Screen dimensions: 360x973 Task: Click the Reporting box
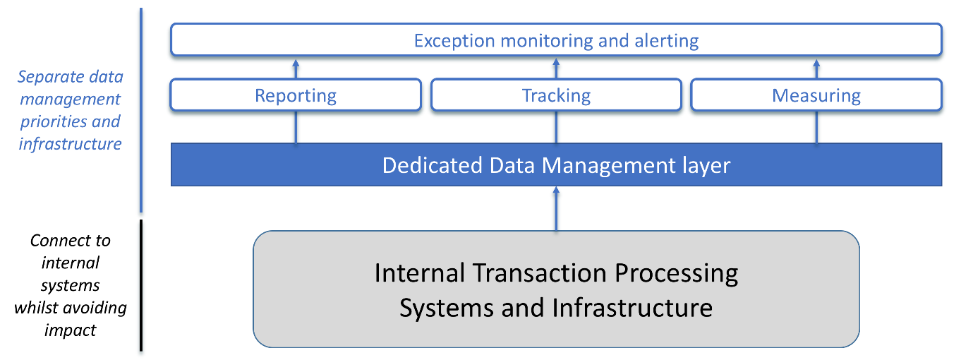click(x=296, y=95)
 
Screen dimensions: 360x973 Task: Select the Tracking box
click(x=556, y=95)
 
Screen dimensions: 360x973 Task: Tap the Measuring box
click(x=816, y=95)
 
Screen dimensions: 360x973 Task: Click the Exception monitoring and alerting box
click(x=556, y=40)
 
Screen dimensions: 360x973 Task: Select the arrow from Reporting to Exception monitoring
click(x=296, y=68)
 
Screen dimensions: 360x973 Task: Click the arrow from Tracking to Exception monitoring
click(x=556, y=68)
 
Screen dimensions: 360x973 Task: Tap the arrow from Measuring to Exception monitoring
click(x=816, y=68)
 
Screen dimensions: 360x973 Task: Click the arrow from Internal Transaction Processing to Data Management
click(x=556, y=208)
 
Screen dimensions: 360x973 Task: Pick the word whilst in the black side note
click(x=38, y=308)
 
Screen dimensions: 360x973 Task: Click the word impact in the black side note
click(x=71, y=330)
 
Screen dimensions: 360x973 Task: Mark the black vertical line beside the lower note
click(x=141, y=285)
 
